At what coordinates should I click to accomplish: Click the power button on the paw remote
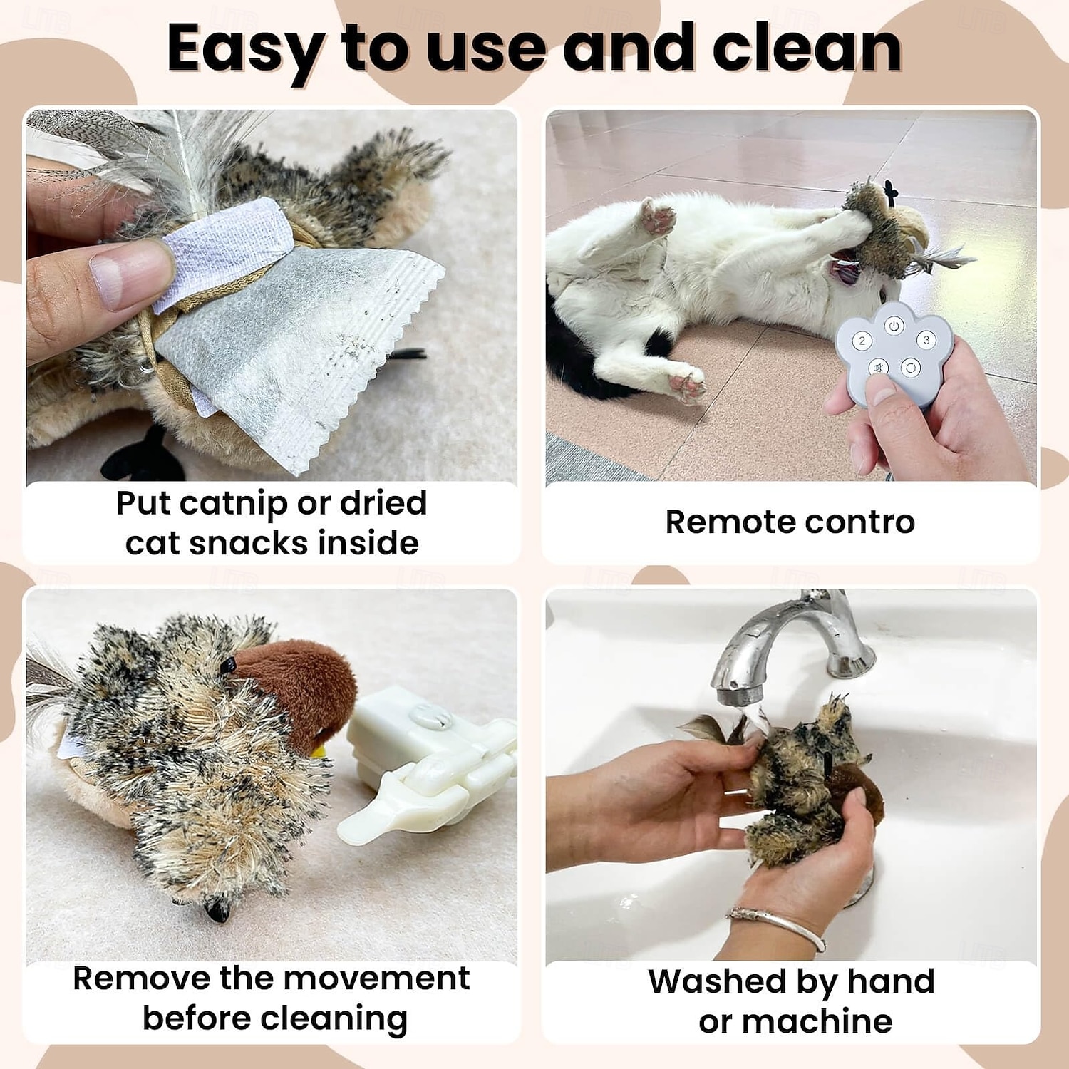point(894,326)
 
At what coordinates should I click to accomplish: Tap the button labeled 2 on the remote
point(862,341)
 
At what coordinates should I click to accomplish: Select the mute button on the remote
point(878,368)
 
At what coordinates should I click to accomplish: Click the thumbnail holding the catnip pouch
point(128,274)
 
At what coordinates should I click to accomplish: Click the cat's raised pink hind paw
point(657,217)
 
